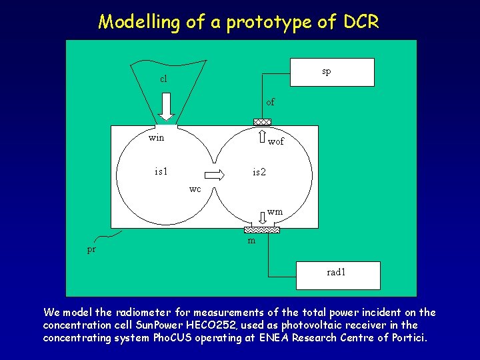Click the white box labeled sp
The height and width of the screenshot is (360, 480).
(x=332, y=72)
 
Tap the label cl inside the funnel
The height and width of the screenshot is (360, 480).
(x=163, y=79)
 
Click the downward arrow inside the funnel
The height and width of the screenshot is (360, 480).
(x=166, y=107)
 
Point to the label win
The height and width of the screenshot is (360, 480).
(x=156, y=139)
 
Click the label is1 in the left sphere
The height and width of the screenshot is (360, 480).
(x=161, y=171)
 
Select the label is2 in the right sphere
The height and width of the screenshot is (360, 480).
(x=259, y=172)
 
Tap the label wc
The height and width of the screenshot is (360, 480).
(x=195, y=189)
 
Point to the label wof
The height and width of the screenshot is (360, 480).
(x=275, y=142)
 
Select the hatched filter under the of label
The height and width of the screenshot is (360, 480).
(x=262, y=122)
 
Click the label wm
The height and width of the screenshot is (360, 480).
(x=275, y=212)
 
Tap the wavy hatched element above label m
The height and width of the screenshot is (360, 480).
(x=262, y=229)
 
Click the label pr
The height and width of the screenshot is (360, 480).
(x=91, y=250)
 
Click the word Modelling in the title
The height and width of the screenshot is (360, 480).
(x=141, y=22)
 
